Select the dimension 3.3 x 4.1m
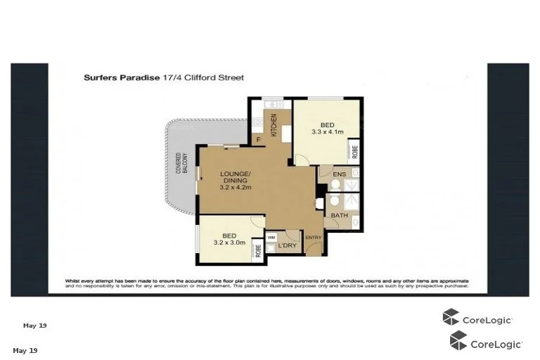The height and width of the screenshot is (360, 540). (x=328, y=131)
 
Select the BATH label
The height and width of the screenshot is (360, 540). (x=340, y=215)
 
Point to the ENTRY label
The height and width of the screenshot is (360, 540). (x=313, y=238)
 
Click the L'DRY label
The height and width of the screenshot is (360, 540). (x=285, y=246)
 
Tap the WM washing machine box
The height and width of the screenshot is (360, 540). (x=271, y=237)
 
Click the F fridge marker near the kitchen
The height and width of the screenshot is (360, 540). (x=258, y=140)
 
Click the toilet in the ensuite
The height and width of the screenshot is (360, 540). (x=336, y=186)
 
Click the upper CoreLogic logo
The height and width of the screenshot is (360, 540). (x=477, y=319)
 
